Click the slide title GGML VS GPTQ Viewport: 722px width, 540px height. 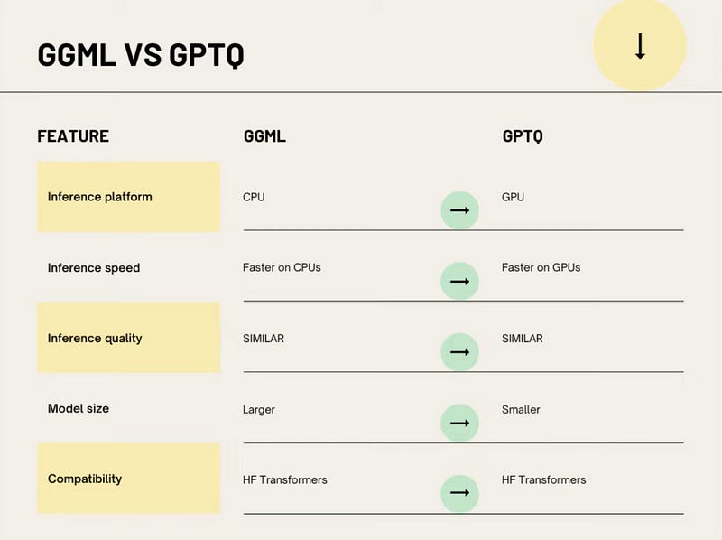(141, 55)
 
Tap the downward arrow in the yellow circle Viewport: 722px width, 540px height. (640, 46)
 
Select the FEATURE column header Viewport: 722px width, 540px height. (73, 136)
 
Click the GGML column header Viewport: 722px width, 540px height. (264, 136)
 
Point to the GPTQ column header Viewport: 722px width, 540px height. (523, 136)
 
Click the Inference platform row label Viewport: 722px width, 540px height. (100, 197)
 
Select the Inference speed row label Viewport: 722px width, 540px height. (94, 267)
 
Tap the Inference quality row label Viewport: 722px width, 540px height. (95, 339)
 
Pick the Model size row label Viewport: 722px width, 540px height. (79, 409)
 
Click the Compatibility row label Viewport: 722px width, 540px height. (85, 479)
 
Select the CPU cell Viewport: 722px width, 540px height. (254, 197)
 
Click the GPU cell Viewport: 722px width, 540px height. (513, 197)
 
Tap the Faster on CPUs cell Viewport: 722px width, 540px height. (282, 267)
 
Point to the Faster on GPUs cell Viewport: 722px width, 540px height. (541, 267)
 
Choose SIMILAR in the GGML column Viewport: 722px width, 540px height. (264, 339)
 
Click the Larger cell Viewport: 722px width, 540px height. (259, 410)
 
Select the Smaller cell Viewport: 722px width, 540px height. (521, 410)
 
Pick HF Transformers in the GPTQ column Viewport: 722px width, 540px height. (544, 480)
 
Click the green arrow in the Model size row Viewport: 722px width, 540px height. (459, 423)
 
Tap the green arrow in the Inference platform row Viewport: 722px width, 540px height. (459, 210)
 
